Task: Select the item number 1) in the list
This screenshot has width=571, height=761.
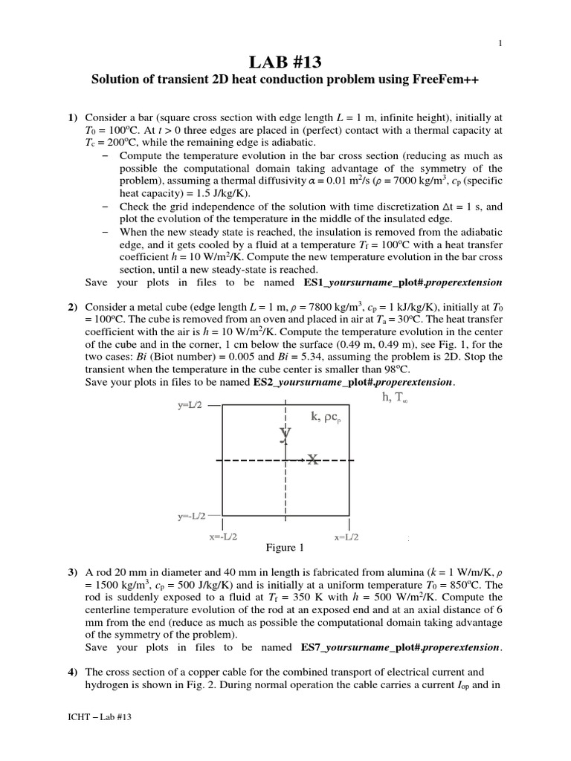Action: pyautogui.click(x=72, y=117)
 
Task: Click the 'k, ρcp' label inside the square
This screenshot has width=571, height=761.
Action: pyautogui.click(x=326, y=419)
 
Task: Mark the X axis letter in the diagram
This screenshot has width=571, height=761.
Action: pyautogui.click(x=313, y=460)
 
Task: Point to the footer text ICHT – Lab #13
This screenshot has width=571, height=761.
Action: pyautogui.click(x=100, y=737)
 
